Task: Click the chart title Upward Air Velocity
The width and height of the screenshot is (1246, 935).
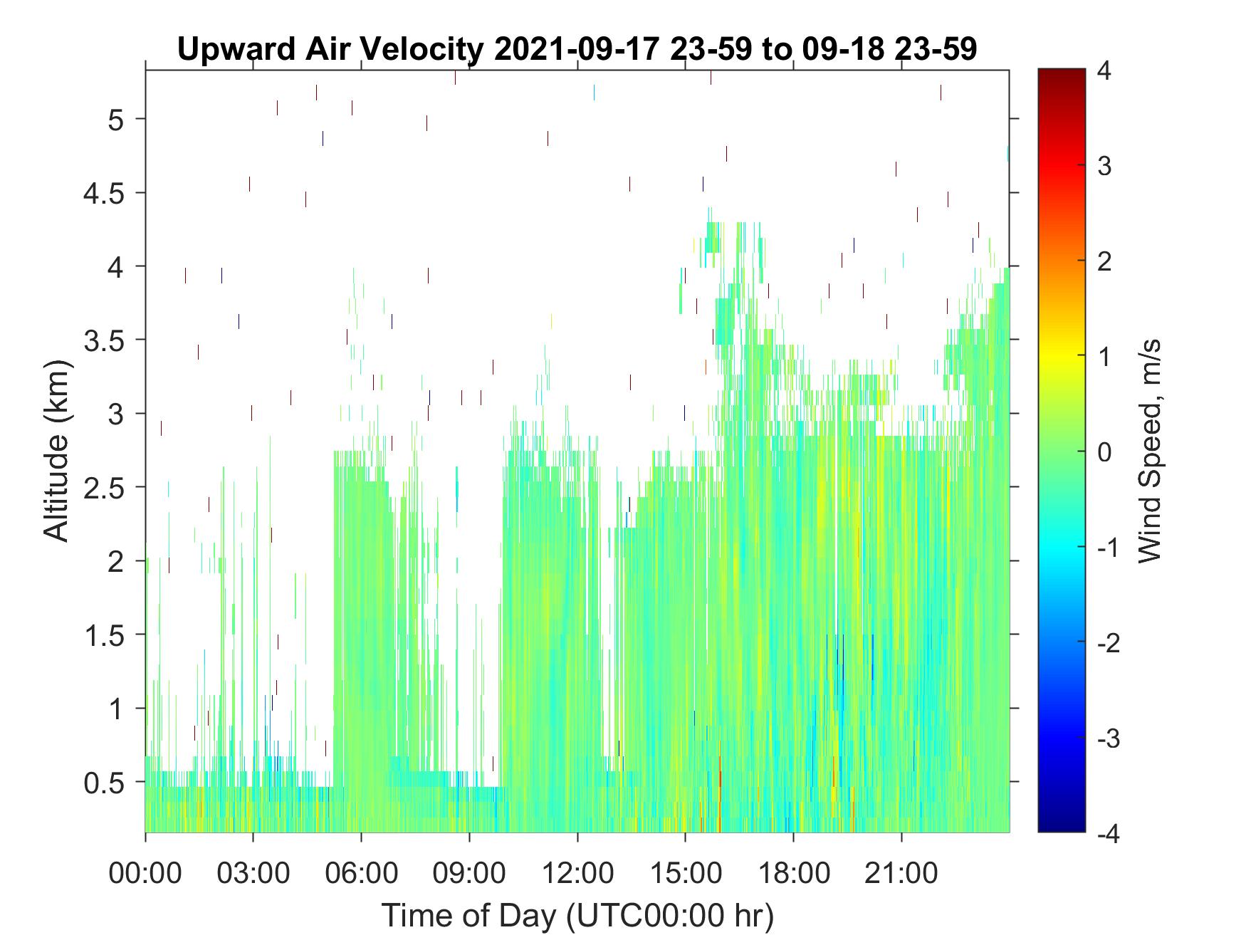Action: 331,49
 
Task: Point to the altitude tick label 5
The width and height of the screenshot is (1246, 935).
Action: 116,119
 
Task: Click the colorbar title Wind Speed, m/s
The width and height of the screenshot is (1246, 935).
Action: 1149,451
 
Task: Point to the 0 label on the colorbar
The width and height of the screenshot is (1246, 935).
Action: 1106,451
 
